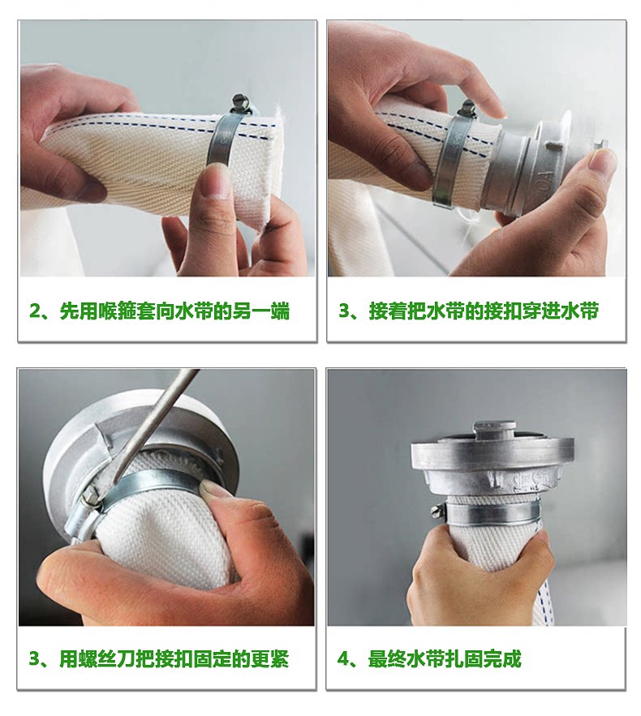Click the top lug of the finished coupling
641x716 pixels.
(x=492, y=430)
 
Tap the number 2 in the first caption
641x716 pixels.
(x=35, y=312)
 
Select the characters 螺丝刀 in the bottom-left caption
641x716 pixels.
(x=106, y=659)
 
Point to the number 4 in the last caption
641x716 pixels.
(x=343, y=659)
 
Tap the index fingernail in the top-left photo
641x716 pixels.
(x=217, y=182)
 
